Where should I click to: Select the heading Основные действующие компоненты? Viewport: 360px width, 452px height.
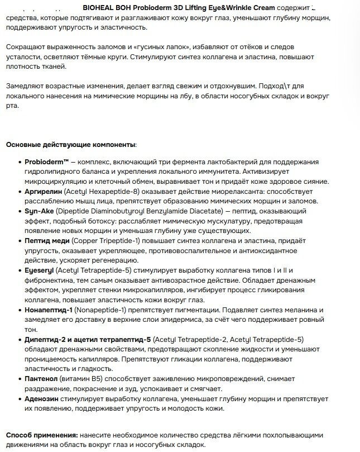click(x=70, y=145)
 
